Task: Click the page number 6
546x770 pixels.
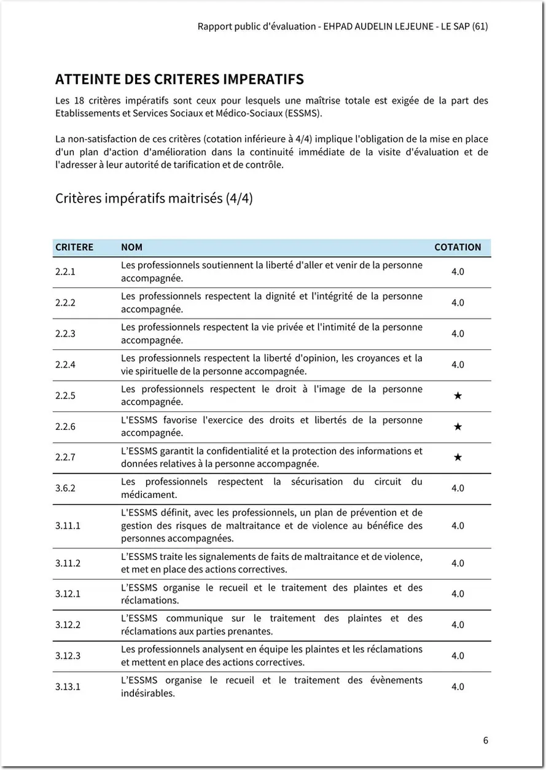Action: tap(486, 740)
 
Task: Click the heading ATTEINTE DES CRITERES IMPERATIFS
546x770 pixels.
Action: tap(179, 79)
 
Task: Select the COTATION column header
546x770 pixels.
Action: tap(458, 247)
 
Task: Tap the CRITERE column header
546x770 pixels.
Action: tap(74, 247)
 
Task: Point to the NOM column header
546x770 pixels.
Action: tap(131, 247)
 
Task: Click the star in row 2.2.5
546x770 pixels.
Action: tap(458, 395)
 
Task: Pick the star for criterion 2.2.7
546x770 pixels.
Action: tap(458, 457)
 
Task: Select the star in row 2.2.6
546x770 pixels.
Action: tap(458, 426)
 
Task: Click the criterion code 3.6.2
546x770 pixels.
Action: tap(65, 488)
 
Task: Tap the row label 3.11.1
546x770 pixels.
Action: tap(68, 526)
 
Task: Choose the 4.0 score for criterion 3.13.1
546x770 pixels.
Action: tap(458, 686)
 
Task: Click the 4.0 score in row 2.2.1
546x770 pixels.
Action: tap(458, 271)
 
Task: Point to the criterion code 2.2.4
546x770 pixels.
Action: tap(65, 365)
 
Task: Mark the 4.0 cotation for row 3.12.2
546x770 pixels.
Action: tap(458, 624)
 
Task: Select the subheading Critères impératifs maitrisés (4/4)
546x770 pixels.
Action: tap(154, 198)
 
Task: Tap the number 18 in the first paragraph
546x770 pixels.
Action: tap(79, 100)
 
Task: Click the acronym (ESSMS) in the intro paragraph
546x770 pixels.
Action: tap(303, 113)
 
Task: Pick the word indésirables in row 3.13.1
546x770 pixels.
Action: tap(147, 693)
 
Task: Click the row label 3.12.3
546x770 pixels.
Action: tap(68, 656)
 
